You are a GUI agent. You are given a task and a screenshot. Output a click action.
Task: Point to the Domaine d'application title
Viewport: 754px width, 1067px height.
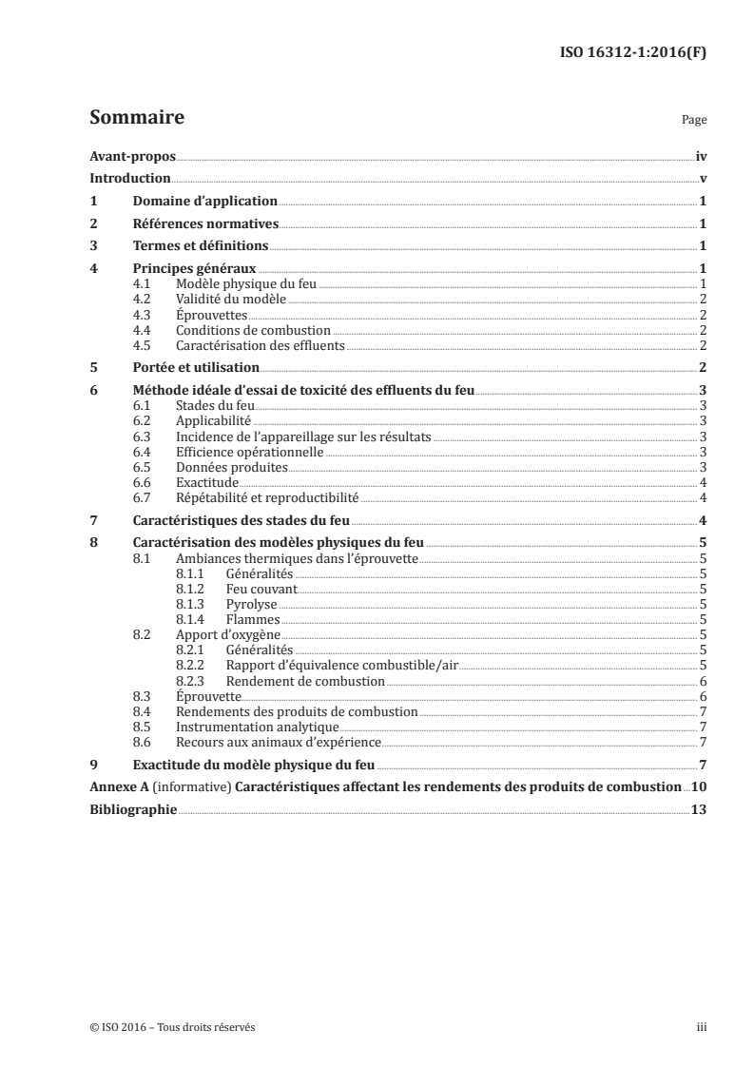pos(204,201)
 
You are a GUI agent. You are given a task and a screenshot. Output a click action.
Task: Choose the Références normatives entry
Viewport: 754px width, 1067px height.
pos(204,223)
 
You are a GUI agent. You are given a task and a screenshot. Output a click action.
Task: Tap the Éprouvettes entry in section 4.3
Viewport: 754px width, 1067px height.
pos(209,314)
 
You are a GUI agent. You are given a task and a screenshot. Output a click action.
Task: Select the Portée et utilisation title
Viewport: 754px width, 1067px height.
pos(195,367)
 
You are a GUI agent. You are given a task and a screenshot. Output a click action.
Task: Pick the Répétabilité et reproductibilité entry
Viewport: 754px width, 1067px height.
pos(267,496)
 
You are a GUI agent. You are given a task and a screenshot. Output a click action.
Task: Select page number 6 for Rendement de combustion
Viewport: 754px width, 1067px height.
pos(702,681)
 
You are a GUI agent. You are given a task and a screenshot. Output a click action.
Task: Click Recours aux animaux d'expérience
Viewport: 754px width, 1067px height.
pos(279,742)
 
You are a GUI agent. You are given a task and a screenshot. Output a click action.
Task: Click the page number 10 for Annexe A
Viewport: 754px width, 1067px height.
pos(699,786)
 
